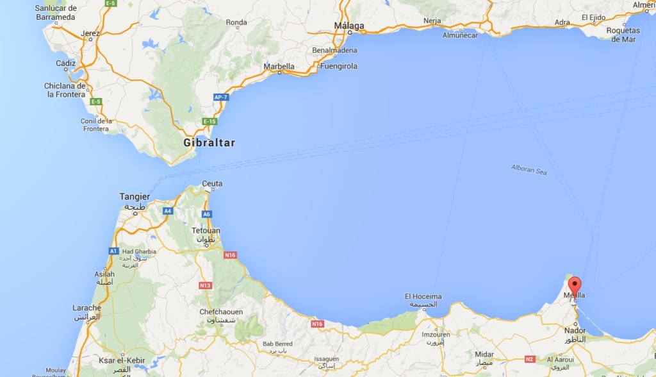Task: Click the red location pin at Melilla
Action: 575,285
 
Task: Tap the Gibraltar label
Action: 209,143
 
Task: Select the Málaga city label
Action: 349,26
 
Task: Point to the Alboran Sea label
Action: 529,170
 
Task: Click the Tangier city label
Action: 135,197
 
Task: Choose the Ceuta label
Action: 212,184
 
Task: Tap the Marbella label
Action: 279,66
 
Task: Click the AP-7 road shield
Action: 221,97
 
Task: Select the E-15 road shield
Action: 209,121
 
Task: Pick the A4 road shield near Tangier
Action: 167,210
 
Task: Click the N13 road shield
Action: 205,285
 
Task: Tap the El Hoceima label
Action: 423,296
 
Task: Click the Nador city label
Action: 575,331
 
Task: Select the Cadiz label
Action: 65,63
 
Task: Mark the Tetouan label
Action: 206,231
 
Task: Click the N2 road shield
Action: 530,359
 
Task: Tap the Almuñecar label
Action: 460,35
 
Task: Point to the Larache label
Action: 86,308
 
